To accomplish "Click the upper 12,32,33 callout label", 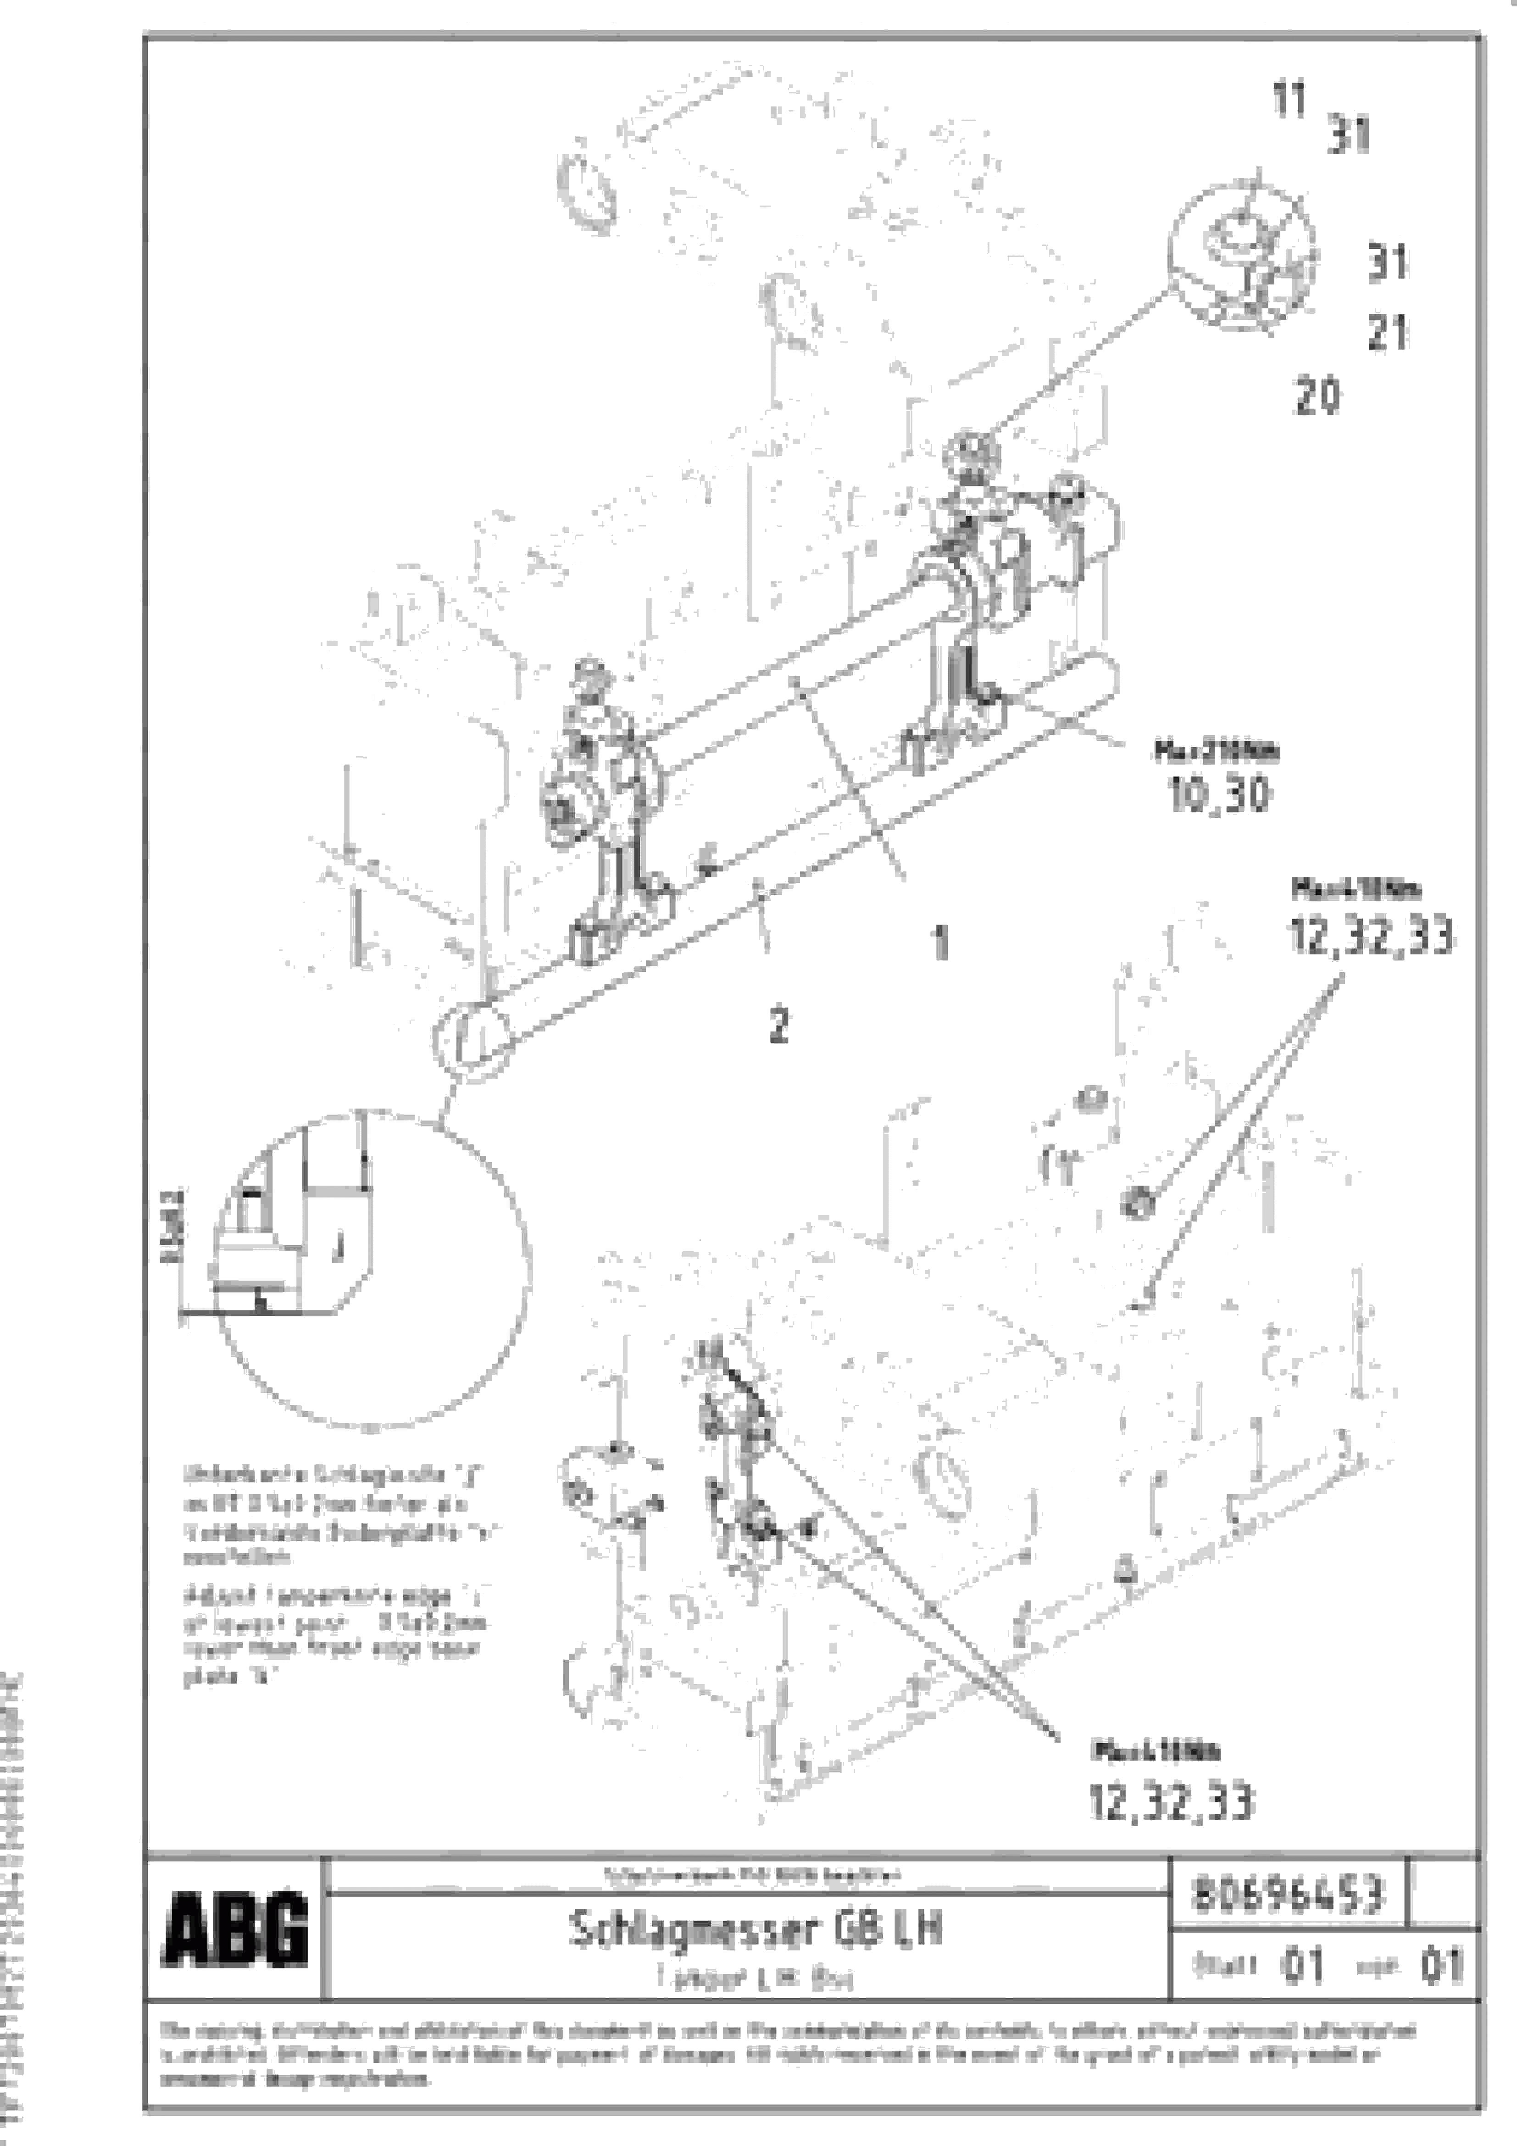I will tap(1370, 936).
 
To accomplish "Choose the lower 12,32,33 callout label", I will tap(1171, 1802).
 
